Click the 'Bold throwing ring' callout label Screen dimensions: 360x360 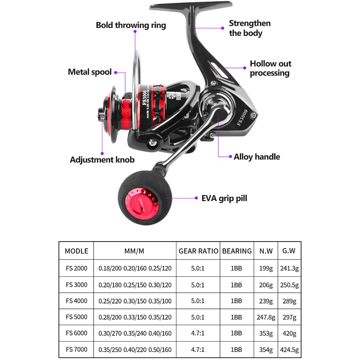click(x=131, y=25)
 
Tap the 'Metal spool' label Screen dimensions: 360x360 click(x=90, y=72)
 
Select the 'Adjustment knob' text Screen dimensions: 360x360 click(x=102, y=160)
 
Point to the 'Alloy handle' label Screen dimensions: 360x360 click(x=257, y=157)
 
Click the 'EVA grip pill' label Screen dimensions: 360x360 click(x=224, y=198)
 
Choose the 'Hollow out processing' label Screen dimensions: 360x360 click(x=270, y=68)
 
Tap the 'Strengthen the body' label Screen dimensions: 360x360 click(x=250, y=28)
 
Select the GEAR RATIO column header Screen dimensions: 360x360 click(x=198, y=251)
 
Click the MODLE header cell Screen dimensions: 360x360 click(x=76, y=251)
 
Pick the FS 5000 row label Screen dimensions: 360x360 click(x=76, y=317)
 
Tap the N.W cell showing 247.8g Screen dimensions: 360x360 click(x=266, y=317)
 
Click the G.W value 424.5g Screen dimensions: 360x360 click(x=289, y=350)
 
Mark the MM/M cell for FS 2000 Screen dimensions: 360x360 click(x=135, y=268)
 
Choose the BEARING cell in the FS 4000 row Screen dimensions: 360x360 click(x=236, y=301)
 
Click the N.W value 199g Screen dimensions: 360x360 click(x=266, y=268)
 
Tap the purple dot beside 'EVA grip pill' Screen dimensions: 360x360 click(x=196, y=198)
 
